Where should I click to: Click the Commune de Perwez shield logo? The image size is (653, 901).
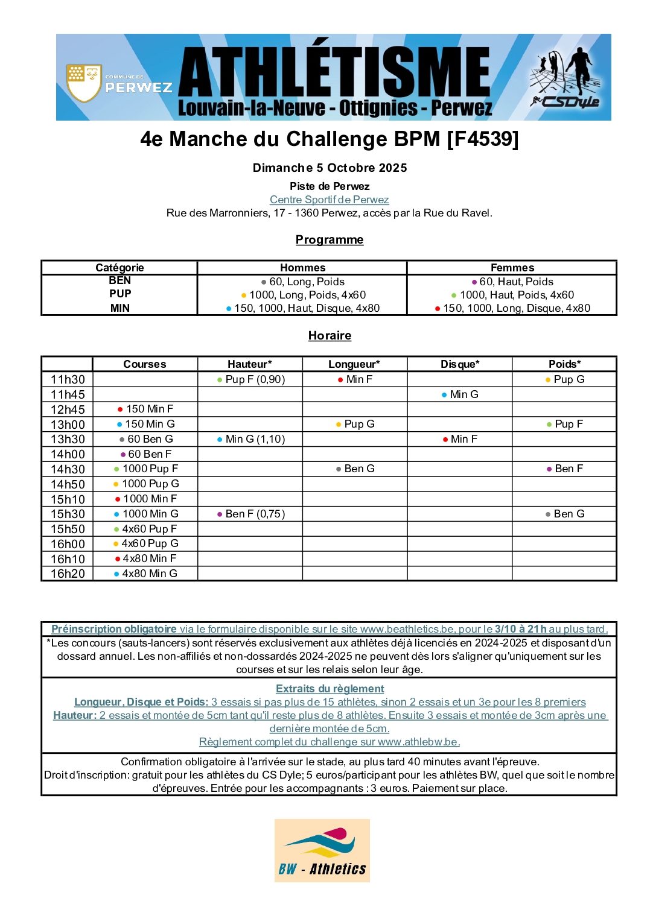click(x=83, y=83)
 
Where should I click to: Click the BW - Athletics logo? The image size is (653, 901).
click(x=322, y=850)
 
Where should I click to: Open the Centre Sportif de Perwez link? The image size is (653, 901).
click(x=329, y=200)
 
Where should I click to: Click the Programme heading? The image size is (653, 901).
click(x=330, y=239)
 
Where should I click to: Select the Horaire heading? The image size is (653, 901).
click(x=330, y=335)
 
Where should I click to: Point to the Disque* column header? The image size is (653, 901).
click(x=459, y=364)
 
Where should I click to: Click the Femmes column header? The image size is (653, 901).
click(x=512, y=267)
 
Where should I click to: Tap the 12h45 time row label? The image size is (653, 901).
click(x=68, y=409)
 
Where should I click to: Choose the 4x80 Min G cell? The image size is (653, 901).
click(x=145, y=574)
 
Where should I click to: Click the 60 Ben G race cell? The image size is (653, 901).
click(x=146, y=439)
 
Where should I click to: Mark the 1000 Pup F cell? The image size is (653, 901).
click(x=146, y=469)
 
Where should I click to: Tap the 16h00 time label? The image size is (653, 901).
click(x=68, y=544)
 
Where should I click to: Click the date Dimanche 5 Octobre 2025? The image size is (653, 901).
click(x=330, y=168)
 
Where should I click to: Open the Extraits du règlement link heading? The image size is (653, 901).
click(x=330, y=689)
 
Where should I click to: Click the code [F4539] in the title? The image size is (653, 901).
click(x=482, y=139)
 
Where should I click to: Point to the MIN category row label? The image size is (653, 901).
click(x=119, y=308)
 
